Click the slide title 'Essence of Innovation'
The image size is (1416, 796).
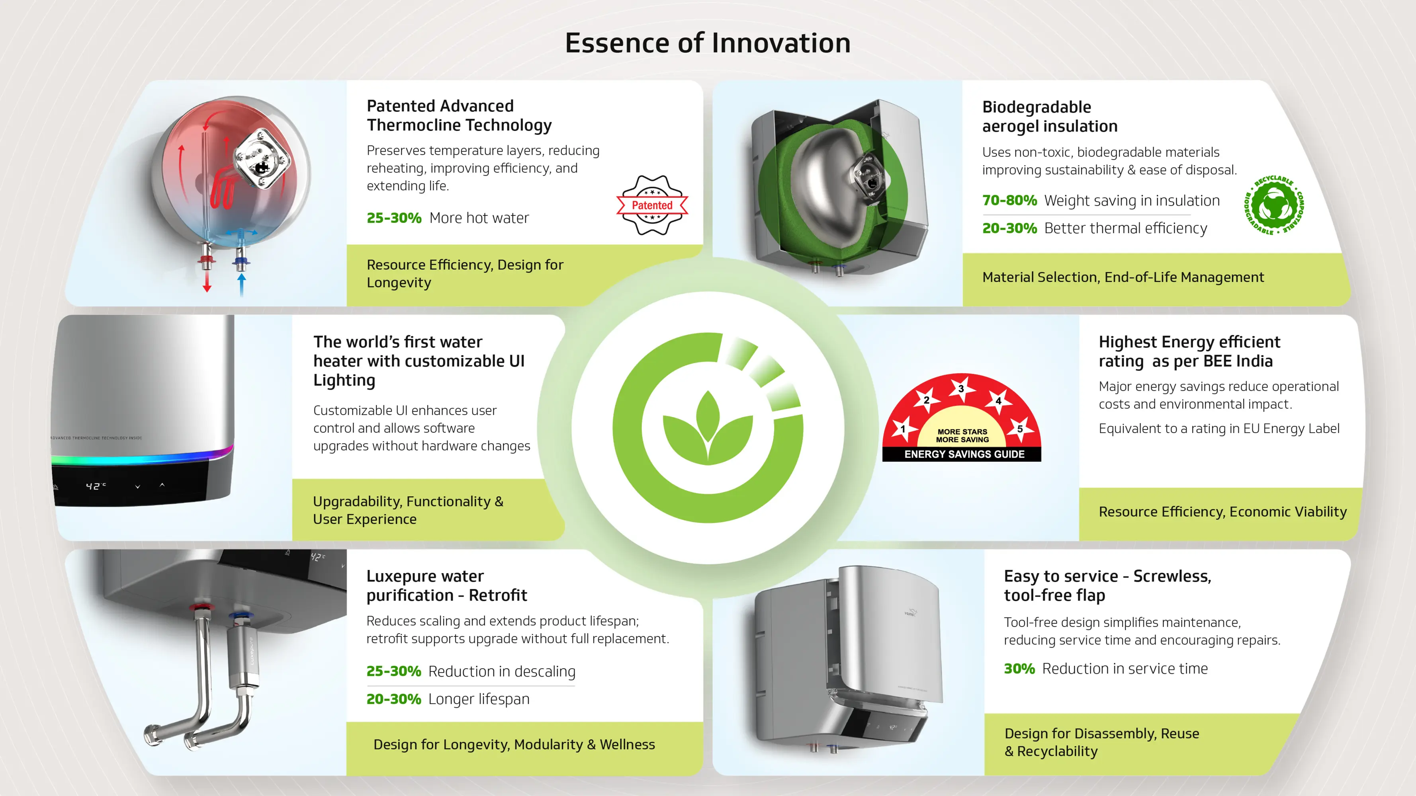click(708, 43)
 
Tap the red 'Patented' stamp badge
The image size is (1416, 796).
click(652, 205)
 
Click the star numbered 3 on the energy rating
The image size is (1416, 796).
click(961, 388)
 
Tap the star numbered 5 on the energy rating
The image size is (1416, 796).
click(1020, 429)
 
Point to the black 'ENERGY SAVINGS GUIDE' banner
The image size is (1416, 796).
click(962, 454)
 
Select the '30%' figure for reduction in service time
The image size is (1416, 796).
click(1019, 669)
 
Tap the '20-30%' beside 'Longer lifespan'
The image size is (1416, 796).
click(393, 699)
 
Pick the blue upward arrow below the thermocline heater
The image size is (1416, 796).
click(241, 285)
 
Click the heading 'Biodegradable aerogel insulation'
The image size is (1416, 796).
click(1050, 117)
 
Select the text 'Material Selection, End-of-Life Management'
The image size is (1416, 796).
click(1123, 277)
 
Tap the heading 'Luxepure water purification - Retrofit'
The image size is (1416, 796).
click(447, 585)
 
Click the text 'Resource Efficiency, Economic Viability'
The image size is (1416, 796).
click(1222, 512)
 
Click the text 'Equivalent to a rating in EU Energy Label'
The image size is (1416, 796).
click(1218, 429)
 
